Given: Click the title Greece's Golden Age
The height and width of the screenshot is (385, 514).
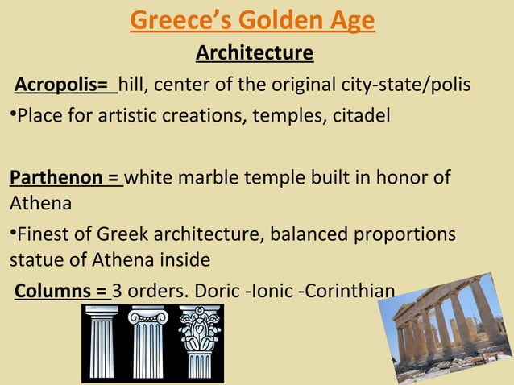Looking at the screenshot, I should pyautogui.click(x=252, y=20).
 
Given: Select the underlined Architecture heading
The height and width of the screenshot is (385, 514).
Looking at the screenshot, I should pyautogui.click(x=255, y=54).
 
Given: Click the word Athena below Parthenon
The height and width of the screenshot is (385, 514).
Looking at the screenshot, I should pyautogui.click(x=40, y=205).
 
